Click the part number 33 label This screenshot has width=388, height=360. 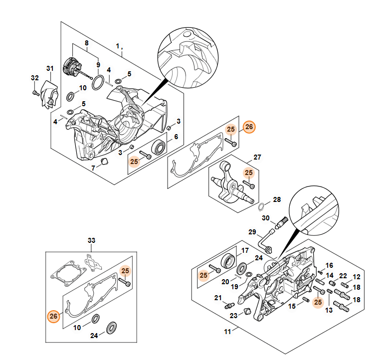click(91, 240)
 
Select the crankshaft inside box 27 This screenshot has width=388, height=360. click(232, 182)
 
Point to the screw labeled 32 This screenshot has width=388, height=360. click(35, 93)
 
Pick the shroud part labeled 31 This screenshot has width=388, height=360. click(50, 94)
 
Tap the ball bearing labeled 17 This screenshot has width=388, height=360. click(227, 261)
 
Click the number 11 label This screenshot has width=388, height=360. click(227, 331)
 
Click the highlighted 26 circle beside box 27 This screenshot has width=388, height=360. click(249, 127)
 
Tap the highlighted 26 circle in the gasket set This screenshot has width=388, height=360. click(53, 316)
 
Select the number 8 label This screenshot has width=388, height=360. click(87, 43)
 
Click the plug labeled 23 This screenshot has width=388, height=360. click(247, 311)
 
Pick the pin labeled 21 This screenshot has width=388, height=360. click(229, 305)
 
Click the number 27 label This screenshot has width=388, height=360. click(257, 157)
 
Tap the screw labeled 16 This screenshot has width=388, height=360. click(320, 272)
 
